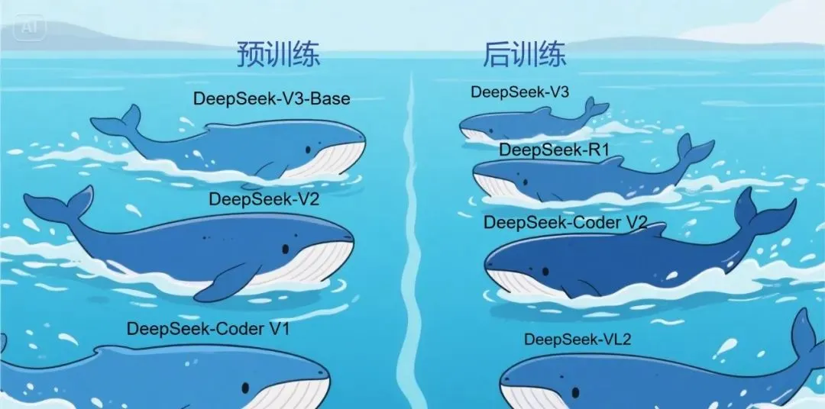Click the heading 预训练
(277, 55)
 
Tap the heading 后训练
(524, 55)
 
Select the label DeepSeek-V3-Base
(271, 98)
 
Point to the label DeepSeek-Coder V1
(209, 329)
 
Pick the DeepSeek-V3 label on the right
(519, 92)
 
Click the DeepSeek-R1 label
(554, 150)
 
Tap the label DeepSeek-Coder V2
(566, 222)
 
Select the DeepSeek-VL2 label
(577, 339)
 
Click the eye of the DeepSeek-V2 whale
(285, 248)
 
